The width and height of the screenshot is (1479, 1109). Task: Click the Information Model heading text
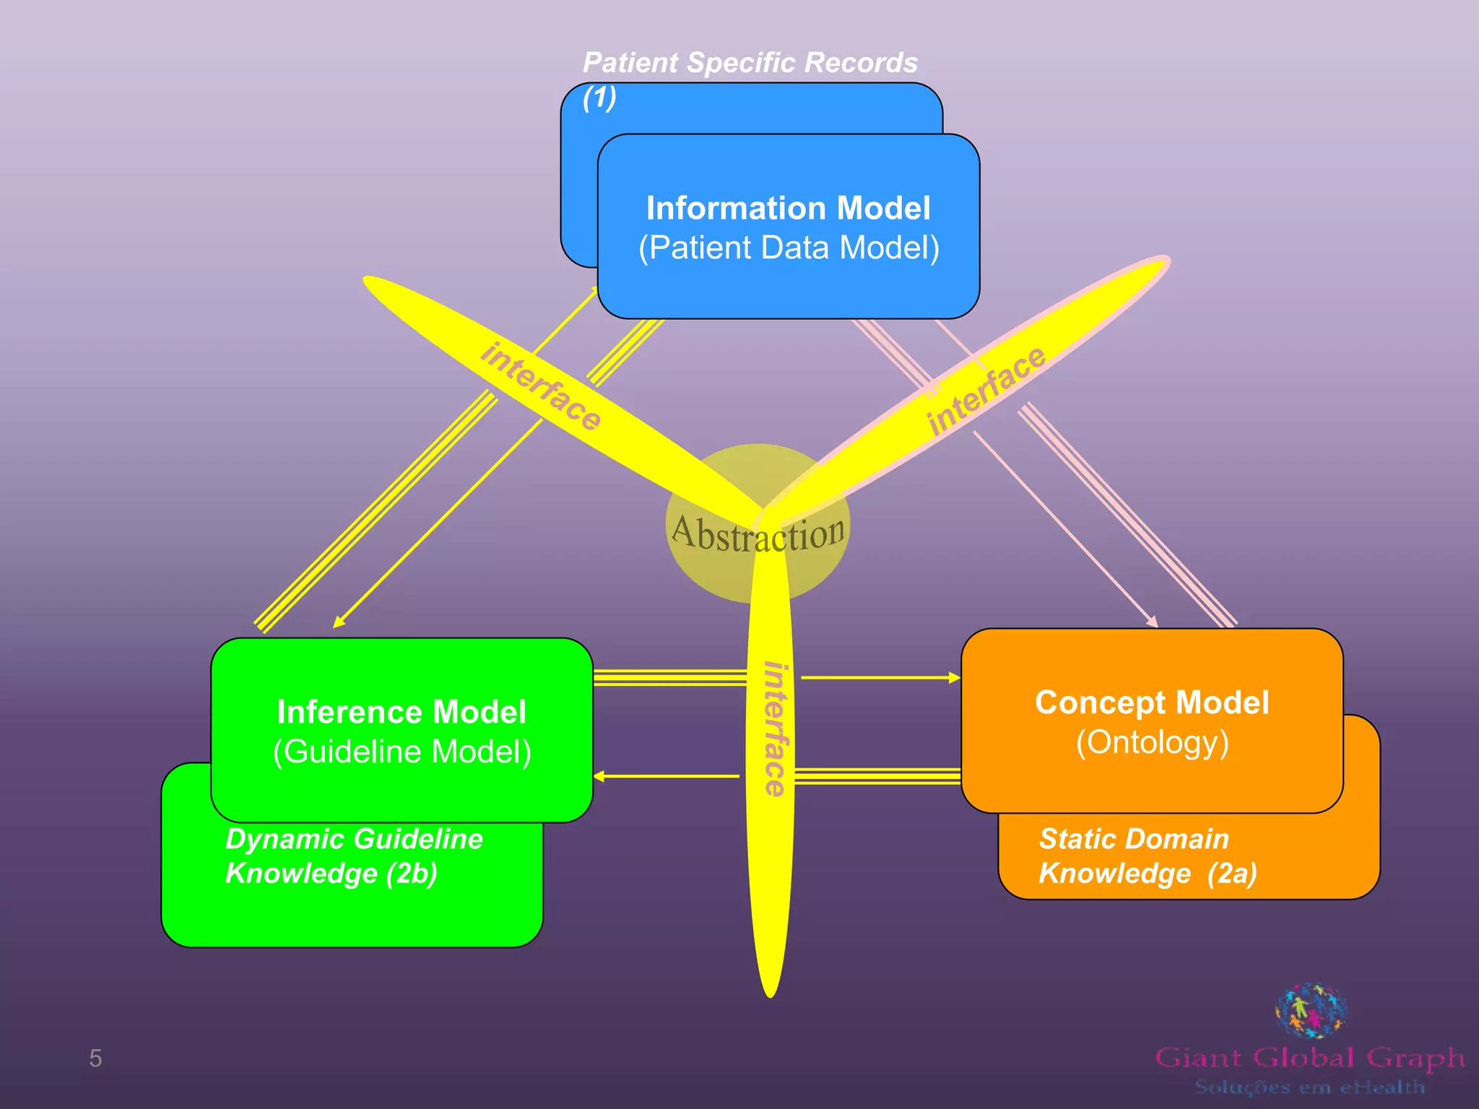(788, 209)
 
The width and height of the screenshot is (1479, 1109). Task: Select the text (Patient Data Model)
(789, 248)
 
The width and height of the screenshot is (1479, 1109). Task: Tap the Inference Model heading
(402, 713)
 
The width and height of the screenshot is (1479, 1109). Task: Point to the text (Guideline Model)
(402, 752)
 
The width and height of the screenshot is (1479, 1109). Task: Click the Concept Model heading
(1152, 703)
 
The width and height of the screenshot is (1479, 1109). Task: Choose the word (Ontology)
(1152, 743)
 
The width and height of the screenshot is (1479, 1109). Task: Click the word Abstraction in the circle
(758, 534)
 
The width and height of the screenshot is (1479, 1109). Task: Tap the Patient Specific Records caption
(750, 64)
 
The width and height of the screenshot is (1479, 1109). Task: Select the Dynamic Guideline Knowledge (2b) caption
(353, 856)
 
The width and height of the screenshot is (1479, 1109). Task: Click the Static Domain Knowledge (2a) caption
(1147, 856)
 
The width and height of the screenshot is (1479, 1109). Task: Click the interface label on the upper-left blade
(540, 387)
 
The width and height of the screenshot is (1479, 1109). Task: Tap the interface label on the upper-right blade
(986, 391)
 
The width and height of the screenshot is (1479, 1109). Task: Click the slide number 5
(95, 1058)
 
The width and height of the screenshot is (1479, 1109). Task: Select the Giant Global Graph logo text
(1309, 1058)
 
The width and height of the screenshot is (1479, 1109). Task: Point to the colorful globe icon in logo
(1311, 1009)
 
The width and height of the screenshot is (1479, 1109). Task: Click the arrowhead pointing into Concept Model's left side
(955, 678)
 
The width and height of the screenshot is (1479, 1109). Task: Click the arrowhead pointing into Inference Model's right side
(599, 776)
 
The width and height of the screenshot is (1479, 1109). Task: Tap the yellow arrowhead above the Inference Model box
(337, 623)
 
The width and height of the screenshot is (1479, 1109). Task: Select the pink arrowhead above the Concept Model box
(1153, 622)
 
